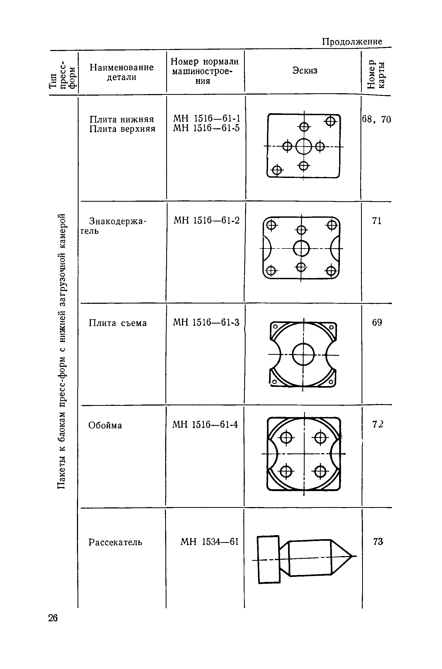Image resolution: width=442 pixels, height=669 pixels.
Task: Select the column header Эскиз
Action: (305, 70)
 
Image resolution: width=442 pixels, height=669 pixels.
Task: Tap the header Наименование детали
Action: (122, 72)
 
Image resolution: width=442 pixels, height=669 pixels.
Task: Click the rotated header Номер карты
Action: (376, 74)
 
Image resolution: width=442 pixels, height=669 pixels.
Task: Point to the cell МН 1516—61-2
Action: (206, 220)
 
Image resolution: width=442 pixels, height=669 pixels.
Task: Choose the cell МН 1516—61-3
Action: (206, 322)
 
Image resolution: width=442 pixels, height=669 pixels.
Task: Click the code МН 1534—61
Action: (210, 541)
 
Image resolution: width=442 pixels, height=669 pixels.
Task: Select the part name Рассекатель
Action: (115, 542)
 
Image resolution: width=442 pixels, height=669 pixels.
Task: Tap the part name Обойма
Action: (105, 425)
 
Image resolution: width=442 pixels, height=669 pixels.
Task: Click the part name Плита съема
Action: (118, 323)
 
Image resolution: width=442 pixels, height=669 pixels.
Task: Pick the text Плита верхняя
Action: (122, 129)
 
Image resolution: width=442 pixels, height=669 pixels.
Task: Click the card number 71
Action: (377, 221)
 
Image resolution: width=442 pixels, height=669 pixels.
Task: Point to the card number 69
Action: (377, 322)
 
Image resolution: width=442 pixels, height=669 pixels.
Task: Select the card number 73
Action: (378, 541)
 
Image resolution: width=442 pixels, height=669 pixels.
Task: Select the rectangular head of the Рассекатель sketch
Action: (269, 559)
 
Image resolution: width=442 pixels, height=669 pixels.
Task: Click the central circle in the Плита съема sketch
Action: (303, 355)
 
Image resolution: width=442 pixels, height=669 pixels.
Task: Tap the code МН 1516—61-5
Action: (206, 128)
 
